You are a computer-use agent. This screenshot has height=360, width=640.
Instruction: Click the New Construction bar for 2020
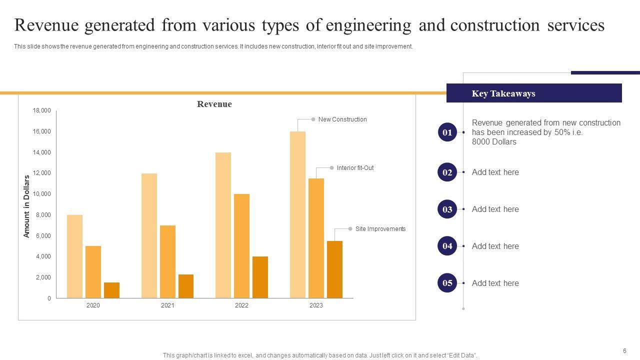[74, 256]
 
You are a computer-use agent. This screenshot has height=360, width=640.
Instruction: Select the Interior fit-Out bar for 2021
[167, 261]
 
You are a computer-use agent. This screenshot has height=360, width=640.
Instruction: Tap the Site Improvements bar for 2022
[260, 277]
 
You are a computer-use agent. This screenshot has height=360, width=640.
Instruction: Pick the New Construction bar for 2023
[297, 214]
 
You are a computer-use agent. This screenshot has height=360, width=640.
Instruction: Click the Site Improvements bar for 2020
[111, 290]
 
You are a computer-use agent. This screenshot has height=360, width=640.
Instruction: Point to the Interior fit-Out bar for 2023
[316, 238]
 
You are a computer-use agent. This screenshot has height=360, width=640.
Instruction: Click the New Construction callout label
[342, 119]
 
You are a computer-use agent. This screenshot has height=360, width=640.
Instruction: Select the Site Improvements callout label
[380, 229]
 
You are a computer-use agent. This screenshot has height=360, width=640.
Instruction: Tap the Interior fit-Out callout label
[355, 168]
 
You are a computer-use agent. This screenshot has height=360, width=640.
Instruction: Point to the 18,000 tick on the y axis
[42, 110]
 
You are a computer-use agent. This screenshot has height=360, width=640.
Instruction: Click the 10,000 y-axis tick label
[42, 194]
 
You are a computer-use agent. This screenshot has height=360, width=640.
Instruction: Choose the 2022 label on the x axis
[241, 305]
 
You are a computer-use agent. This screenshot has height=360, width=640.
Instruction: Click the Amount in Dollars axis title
[27, 206]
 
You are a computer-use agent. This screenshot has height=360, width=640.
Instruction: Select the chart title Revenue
[214, 104]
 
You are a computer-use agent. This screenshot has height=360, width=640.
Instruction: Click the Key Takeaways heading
[503, 93]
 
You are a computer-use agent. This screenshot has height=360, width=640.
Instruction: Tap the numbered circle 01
[447, 132]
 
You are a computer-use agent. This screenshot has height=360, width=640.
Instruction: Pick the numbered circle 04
[447, 246]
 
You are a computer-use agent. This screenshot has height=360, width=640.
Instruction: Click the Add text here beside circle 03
[495, 209]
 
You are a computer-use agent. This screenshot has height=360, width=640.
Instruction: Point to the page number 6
[624, 351]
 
